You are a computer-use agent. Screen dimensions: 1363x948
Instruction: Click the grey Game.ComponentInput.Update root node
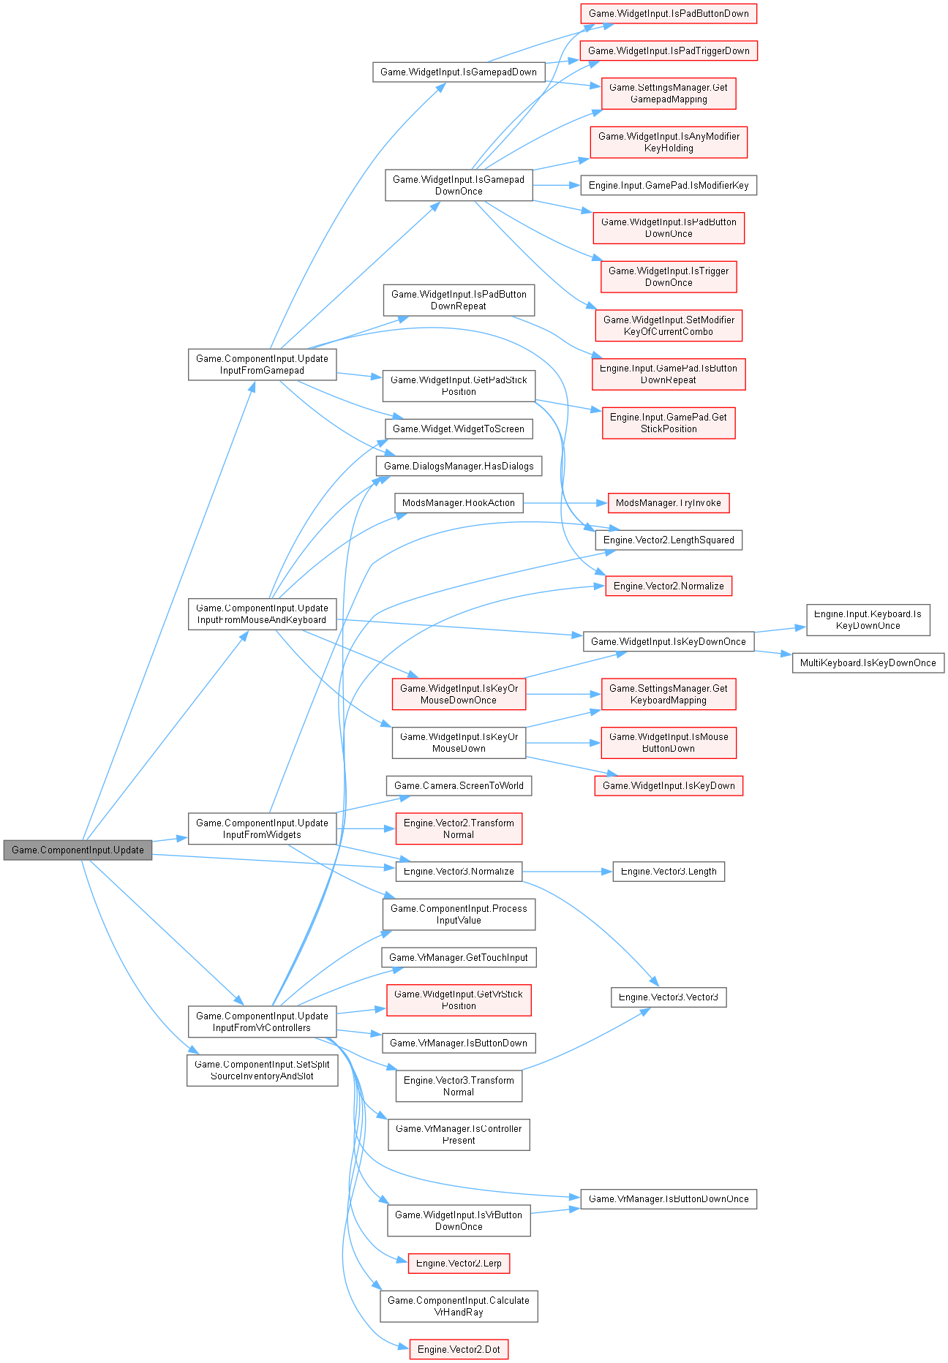78,850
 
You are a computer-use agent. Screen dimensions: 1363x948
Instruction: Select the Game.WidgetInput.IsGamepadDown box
459,72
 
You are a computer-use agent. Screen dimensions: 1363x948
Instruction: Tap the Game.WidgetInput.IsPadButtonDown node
669,13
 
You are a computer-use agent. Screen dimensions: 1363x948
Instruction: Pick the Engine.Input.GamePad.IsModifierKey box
669,185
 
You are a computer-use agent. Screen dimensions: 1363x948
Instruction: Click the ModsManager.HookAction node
459,503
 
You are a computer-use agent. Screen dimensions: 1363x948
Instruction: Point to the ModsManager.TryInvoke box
669,503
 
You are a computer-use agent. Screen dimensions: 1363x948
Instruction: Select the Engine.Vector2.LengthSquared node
669,540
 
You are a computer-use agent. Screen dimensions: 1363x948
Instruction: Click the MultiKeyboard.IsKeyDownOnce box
868,662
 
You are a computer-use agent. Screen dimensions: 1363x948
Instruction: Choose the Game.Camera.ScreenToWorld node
459,785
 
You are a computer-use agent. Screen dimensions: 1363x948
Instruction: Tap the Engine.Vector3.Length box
669,871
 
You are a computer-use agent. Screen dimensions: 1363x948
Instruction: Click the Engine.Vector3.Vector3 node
669,997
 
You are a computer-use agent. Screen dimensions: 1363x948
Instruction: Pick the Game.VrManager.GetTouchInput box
459,957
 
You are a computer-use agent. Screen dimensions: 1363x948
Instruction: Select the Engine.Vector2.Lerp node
459,1263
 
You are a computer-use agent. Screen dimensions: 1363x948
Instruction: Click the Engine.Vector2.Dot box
459,1349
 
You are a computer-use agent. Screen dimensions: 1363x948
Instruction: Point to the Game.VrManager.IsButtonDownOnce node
669,1198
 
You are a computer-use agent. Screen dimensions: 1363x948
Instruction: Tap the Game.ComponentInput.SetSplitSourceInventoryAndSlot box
262,1070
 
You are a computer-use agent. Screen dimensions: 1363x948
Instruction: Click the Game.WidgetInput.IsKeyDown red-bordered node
669,785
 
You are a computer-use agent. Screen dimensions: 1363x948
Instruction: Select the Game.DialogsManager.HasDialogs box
459,466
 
